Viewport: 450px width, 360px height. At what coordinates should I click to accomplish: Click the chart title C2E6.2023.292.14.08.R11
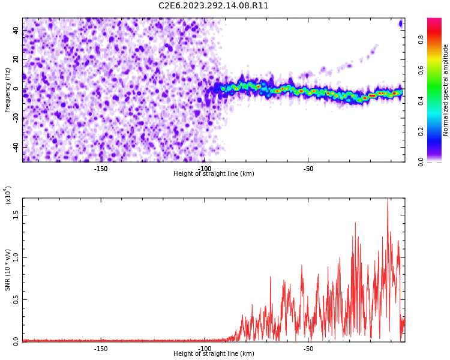point(213,6)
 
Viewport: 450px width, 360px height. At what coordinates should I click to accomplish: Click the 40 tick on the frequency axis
point(16,31)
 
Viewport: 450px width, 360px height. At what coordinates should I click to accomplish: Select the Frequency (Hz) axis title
point(8,90)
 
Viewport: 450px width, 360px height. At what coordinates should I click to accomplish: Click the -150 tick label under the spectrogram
point(101,169)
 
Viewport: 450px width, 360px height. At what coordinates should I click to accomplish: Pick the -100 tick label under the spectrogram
point(205,169)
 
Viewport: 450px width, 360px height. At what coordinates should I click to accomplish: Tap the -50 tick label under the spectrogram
point(308,169)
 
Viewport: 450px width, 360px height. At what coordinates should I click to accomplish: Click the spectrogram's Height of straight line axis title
point(214,174)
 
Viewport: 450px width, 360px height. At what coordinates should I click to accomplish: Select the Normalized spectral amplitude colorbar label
point(446,90)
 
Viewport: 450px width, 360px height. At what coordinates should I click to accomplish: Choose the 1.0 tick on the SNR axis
point(16,257)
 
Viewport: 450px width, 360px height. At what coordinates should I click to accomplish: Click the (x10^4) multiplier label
point(8,195)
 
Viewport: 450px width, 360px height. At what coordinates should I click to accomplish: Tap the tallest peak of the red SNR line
point(388,199)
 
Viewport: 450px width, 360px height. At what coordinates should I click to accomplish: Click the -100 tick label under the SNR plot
point(205,349)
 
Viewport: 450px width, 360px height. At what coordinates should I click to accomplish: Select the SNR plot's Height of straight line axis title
point(214,354)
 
